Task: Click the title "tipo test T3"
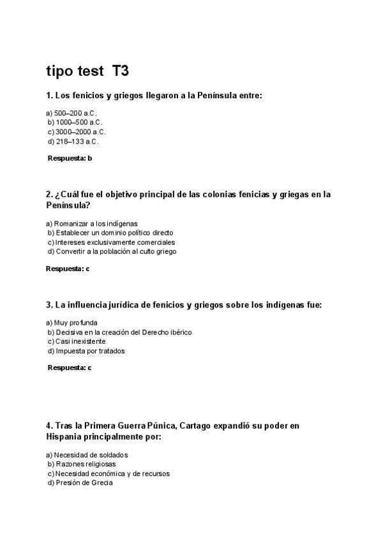87,71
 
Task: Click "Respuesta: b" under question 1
70,158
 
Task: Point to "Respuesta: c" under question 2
68,269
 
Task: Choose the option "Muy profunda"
71,323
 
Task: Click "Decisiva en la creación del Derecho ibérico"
119,332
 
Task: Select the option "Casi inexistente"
76,341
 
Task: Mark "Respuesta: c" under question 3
70,367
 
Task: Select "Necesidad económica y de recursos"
108,473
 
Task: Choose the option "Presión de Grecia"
80,483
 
